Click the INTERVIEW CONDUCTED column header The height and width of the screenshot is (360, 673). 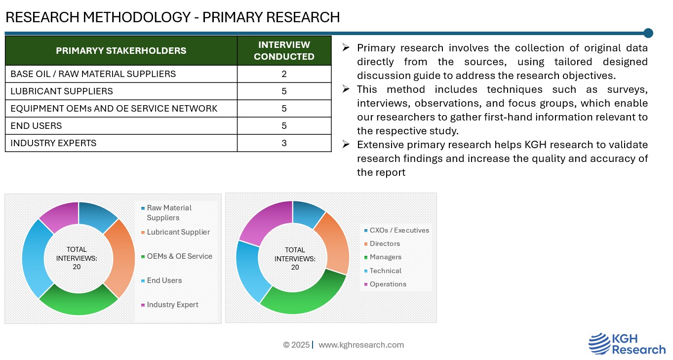tap(284, 50)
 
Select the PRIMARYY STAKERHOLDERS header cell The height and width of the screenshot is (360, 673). tap(121, 50)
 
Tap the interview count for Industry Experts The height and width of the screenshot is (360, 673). tap(284, 143)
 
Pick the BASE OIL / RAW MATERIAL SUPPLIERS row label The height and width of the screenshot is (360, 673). tap(93, 74)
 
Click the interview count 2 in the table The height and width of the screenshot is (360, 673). tap(284, 74)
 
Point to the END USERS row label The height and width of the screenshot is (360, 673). tap(36, 125)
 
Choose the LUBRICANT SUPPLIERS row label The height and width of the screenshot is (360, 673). tap(62, 91)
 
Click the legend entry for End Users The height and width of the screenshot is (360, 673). tap(161, 280)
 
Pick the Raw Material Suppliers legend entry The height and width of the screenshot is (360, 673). tap(166, 213)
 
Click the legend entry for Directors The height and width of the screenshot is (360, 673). tap(382, 244)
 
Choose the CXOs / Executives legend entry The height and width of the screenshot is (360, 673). tap(396, 230)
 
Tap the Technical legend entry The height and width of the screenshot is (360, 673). tap(383, 271)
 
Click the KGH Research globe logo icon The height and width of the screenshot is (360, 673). tap(600, 344)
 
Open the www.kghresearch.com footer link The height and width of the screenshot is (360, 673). tap(361, 345)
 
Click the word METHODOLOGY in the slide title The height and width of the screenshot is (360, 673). tap(137, 17)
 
